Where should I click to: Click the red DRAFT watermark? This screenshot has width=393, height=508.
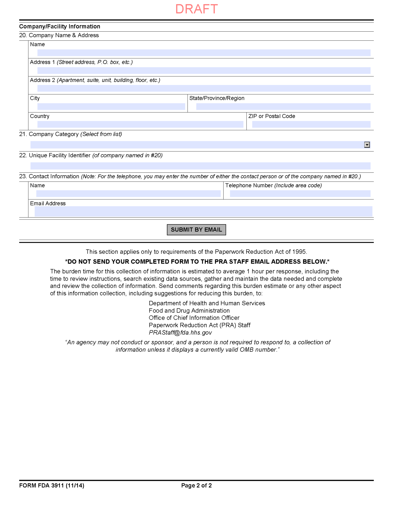coord(196,9)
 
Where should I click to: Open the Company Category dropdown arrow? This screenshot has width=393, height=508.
coord(367,145)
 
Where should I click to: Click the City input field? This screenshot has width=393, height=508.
coord(111,106)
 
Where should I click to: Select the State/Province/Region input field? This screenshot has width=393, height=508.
coord(283,106)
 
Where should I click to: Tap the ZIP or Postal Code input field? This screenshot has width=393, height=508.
coord(311,124)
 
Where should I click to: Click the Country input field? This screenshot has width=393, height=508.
coord(140,124)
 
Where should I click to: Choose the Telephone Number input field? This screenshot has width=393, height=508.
coord(300,194)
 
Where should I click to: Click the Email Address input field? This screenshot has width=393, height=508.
coord(203,211)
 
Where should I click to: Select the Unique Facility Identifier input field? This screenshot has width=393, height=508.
coord(200,166)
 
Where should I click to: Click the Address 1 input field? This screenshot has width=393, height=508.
coord(204,70)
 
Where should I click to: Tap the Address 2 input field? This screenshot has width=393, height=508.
coord(204,88)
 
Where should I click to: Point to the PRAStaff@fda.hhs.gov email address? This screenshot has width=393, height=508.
coord(180,333)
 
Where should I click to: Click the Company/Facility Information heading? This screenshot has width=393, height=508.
coord(59,26)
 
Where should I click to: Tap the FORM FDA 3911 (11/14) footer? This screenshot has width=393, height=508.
coord(52,485)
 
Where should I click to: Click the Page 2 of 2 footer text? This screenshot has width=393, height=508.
coord(196,485)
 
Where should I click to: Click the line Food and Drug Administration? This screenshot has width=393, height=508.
coord(189,311)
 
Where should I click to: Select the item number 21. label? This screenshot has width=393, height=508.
coord(23,134)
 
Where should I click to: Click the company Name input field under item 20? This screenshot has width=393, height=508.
coord(204,53)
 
